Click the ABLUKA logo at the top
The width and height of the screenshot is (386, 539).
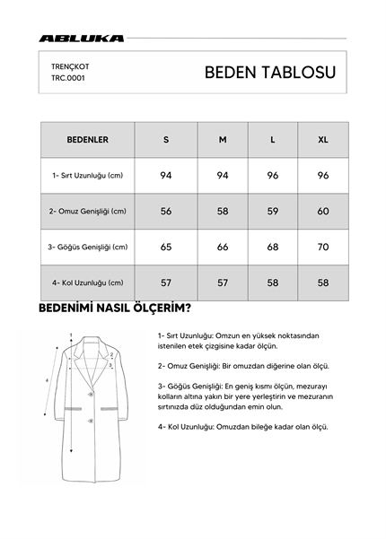click(82, 39)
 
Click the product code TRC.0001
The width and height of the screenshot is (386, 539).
click(69, 78)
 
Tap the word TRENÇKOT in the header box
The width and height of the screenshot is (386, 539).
click(69, 65)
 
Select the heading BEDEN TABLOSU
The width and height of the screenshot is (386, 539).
click(270, 73)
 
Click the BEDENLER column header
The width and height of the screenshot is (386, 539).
click(87, 140)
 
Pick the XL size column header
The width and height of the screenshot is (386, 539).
click(323, 140)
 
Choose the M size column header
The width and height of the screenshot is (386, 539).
click(223, 140)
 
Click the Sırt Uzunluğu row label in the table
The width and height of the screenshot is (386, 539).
click(87, 175)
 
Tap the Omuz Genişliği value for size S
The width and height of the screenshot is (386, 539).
click(166, 211)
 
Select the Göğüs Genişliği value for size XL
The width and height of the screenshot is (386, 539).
click(323, 247)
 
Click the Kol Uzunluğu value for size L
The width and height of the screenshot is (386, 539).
click(273, 283)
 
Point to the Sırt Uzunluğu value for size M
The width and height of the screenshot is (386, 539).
click(223, 175)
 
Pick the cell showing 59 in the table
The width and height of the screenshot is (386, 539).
click(273, 211)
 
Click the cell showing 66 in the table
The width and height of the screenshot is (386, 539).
click(223, 247)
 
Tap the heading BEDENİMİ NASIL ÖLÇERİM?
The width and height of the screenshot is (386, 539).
click(114, 309)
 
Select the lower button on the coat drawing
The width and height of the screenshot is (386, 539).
click(88, 422)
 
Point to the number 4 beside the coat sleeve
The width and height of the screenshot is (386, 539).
click(47, 380)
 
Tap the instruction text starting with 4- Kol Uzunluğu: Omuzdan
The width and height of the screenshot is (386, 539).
click(242, 427)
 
